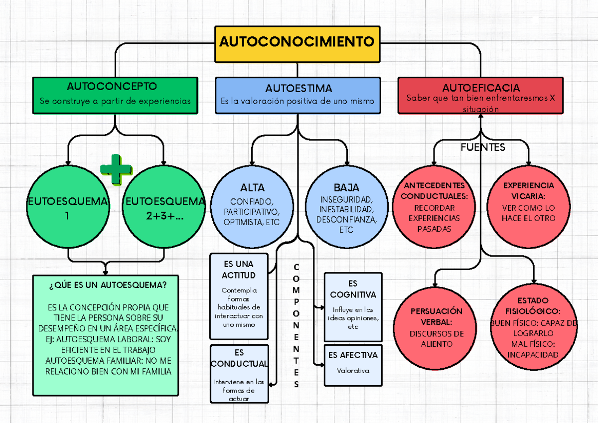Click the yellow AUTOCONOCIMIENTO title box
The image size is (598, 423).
pos(297,43)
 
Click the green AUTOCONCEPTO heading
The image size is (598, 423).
pos(115,87)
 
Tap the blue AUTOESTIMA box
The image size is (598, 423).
pos(298,95)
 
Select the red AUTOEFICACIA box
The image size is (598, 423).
pos(480,95)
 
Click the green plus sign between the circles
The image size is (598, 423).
pos(116,170)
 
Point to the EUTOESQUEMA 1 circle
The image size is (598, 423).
pos(68,208)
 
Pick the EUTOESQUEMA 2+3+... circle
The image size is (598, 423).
pos(164,208)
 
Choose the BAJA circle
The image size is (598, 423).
pos(346,207)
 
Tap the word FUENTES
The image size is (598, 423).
pos(483,147)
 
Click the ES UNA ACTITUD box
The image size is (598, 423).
pos(239,296)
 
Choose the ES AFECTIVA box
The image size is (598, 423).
pos(353,365)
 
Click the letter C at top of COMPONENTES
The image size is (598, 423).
pos(297,267)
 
